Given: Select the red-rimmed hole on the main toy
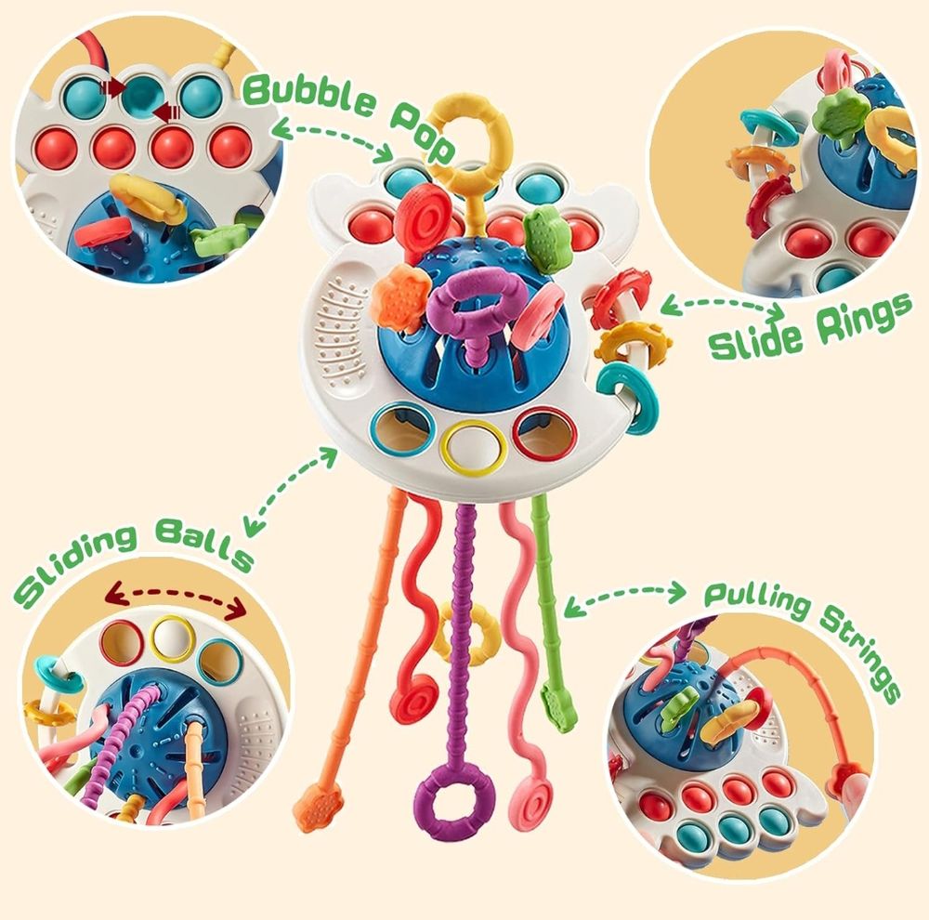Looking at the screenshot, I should click(545, 432).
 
